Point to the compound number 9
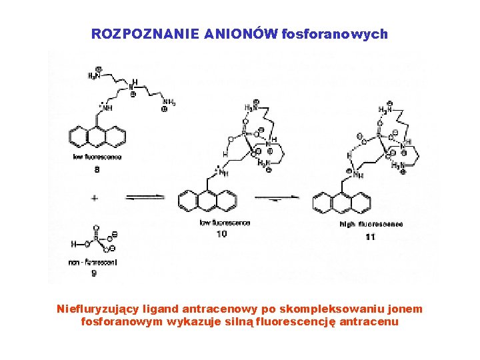coord(94,273)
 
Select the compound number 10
coord(221,234)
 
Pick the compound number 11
coord(371,237)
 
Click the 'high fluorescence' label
coord(371,225)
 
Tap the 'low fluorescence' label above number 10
coord(225,223)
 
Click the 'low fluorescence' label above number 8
coord(98,157)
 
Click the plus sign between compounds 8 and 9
coord(95,198)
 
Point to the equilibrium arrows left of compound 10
coord(144,197)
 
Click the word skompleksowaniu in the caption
coord(290,309)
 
